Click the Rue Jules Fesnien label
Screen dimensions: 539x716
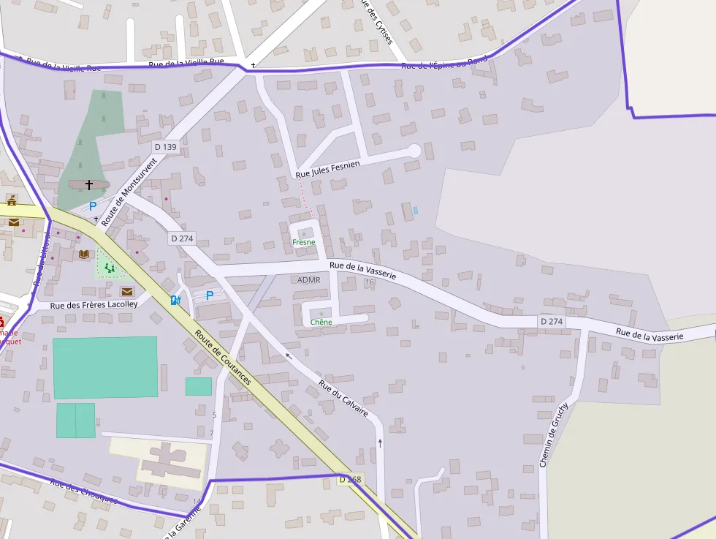point(327,170)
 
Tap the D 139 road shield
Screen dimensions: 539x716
point(166,147)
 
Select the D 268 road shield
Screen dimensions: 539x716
point(350,480)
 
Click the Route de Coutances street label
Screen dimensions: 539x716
point(224,357)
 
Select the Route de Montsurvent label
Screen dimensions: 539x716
point(129,192)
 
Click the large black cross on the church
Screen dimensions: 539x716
point(89,185)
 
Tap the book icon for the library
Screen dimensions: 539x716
point(84,254)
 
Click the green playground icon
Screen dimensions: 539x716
point(110,268)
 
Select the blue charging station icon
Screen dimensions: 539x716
point(175,300)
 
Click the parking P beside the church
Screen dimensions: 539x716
point(93,206)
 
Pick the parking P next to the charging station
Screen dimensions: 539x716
point(210,295)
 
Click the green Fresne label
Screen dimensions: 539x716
point(303,241)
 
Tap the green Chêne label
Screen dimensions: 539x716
point(321,322)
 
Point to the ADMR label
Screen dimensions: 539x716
point(309,280)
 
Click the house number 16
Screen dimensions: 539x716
point(370,282)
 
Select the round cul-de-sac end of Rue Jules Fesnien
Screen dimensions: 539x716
point(414,151)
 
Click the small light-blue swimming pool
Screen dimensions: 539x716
point(415,210)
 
